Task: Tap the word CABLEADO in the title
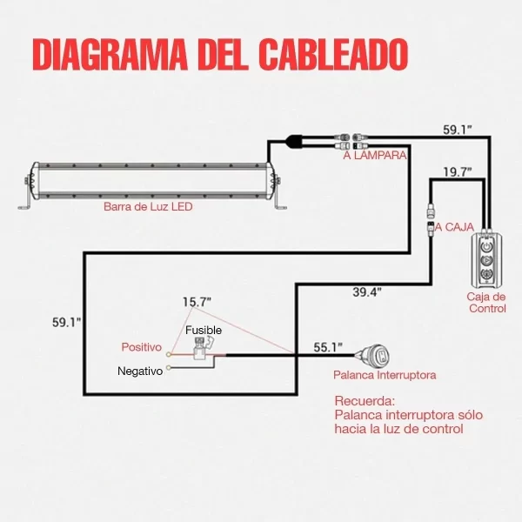point(334,54)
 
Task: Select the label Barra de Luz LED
point(148,208)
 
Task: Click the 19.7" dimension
point(457,171)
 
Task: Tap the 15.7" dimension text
point(197,302)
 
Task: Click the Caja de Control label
point(486,302)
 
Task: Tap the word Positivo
point(142,347)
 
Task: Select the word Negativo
point(140,371)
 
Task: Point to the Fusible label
point(203,331)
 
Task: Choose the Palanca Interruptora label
point(385,376)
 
